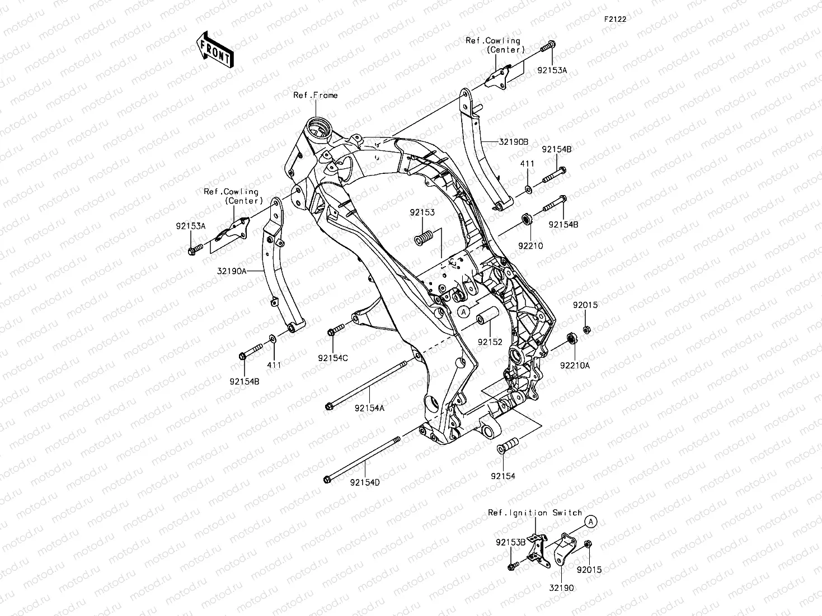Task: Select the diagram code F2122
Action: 614,19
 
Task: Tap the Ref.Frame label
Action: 316,95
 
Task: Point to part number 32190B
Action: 513,142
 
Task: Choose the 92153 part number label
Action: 422,212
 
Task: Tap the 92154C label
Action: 333,358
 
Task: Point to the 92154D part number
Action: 365,482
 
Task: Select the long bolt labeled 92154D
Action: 361,459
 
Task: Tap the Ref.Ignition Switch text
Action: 535,513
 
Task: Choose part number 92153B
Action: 510,542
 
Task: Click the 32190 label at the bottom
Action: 561,587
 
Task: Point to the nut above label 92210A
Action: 572,338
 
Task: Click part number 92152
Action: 490,342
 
